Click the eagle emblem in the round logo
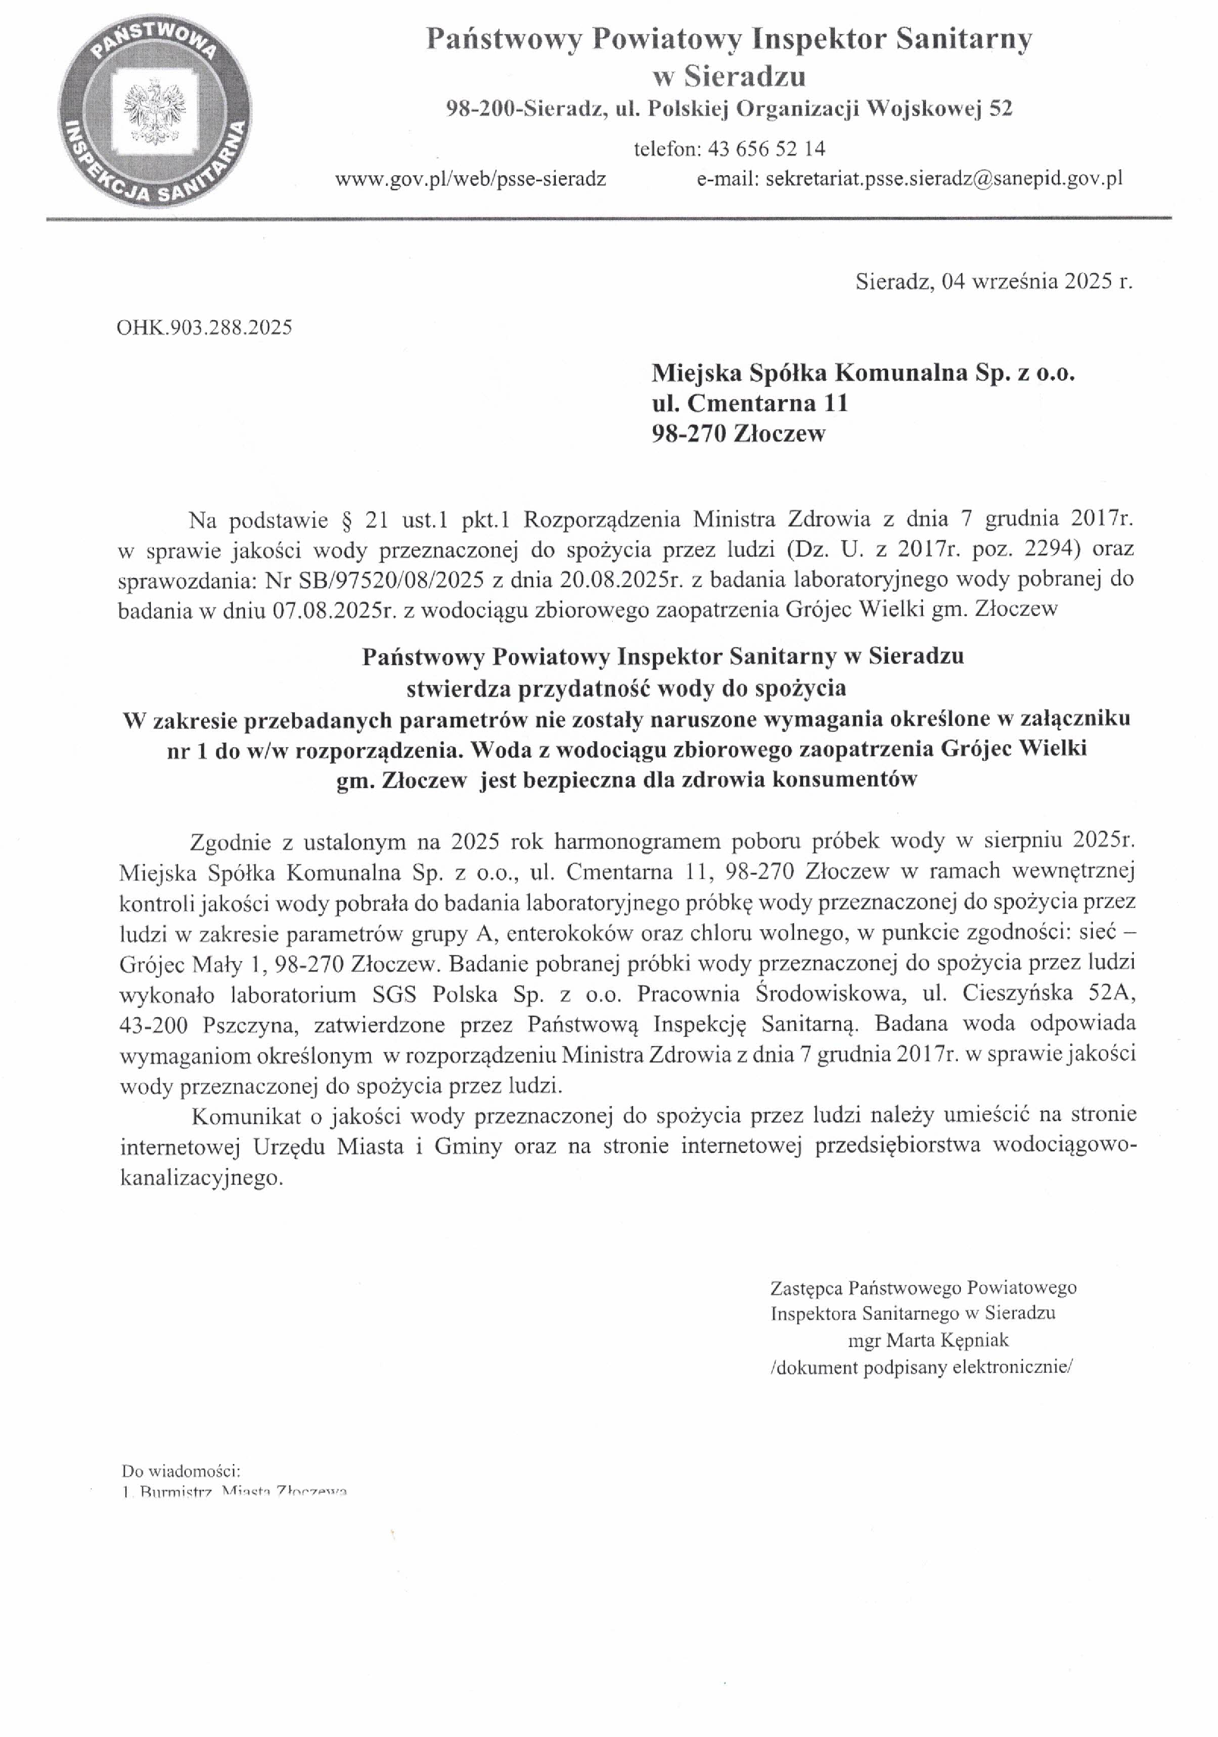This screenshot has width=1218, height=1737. click(x=155, y=112)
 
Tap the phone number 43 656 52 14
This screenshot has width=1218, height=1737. click(x=766, y=149)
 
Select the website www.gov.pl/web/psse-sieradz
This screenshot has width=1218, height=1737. click(x=470, y=180)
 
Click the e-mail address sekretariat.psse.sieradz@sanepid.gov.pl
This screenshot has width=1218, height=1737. click(x=943, y=180)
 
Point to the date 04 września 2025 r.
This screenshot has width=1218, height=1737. click(x=1036, y=282)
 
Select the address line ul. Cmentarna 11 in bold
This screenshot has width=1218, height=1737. click(x=749, y=403)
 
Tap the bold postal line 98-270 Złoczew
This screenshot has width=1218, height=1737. click(x=738, y=434)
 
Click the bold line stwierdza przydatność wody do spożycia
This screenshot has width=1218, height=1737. click(x=626, y=689)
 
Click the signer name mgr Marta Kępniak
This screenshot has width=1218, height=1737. click(x=928, y=1340)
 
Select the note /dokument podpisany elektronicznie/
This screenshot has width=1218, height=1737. click(x=921, y=1367)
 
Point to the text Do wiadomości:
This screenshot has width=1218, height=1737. click(x=181, y=1472)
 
